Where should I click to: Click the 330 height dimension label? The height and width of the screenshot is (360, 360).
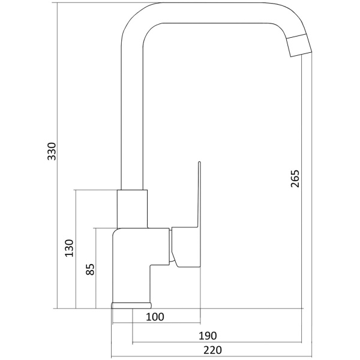point(52,151)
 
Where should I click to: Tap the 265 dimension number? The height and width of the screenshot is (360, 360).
point(295,179)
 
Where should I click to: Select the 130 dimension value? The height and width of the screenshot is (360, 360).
point(70,248)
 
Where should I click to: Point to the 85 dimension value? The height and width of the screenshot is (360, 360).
point(90,269)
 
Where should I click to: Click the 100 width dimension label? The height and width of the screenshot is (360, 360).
point(155,317)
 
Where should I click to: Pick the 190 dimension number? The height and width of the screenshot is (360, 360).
point(208,336)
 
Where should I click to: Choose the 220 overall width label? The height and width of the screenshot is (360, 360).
point(213,350)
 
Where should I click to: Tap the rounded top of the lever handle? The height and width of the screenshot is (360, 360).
point(199,163)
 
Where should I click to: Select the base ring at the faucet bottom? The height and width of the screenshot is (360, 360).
point(131,305)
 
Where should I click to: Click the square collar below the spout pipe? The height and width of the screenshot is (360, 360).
point(132,209)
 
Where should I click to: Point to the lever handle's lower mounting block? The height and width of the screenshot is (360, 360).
point(186,247)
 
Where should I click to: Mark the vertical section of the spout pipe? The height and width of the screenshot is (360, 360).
point(132,115)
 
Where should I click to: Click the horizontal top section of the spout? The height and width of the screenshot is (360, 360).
point(216,13)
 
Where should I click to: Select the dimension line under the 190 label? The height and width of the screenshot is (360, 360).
point(217,343)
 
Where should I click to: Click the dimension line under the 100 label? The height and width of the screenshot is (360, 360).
point(157,323)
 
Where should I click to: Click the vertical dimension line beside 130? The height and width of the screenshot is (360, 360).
point(76,250)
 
